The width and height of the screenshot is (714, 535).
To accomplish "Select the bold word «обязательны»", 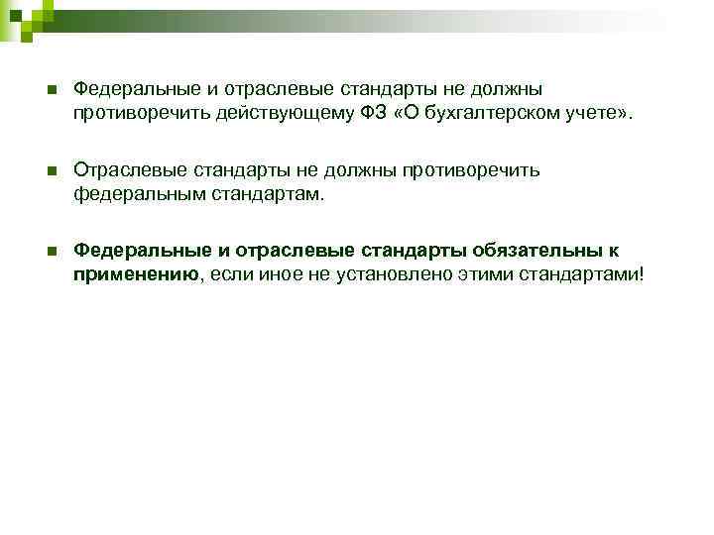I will pyautogui.click(x=537, y=251).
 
